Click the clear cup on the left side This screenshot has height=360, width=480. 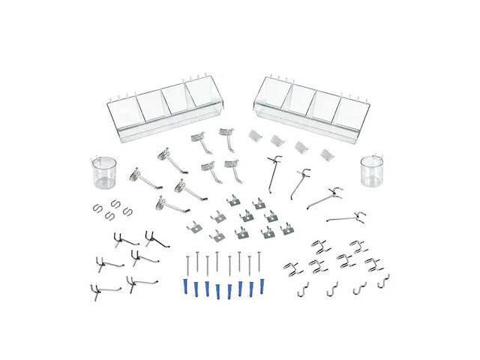[103, 173]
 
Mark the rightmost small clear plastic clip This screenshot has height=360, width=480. [325, 153]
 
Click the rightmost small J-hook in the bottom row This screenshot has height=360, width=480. [383, 283]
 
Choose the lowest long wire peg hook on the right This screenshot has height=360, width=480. [346, 218]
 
